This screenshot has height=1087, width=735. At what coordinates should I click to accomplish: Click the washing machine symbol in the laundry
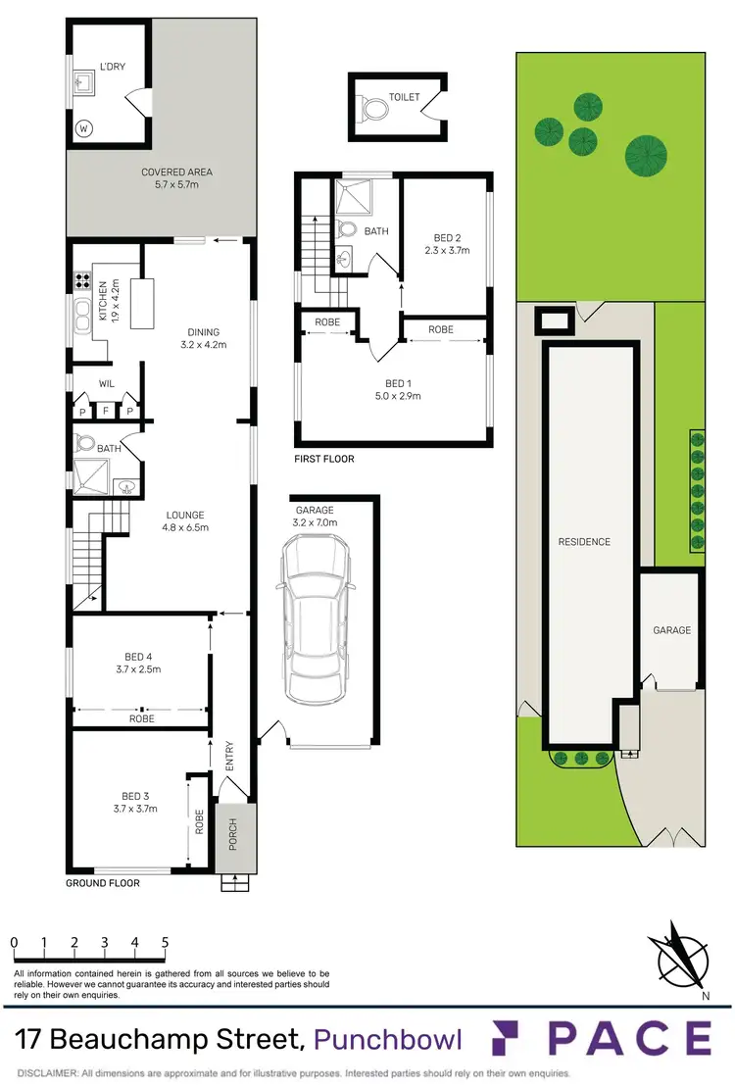point(83,127)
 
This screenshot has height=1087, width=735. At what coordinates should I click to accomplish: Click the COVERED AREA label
point(176,178)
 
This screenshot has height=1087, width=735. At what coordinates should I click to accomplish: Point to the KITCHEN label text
point(101,302)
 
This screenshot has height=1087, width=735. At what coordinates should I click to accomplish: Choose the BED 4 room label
point(137,664)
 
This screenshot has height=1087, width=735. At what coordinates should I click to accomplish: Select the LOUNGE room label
point(185,520)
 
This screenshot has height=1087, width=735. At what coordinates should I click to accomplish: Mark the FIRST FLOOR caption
point(324,459)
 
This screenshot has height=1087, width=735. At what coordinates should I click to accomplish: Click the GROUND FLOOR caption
point(103,883)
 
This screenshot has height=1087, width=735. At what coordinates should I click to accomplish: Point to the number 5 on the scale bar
point(165,943)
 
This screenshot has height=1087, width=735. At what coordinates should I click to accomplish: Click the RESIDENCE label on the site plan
point(584,542)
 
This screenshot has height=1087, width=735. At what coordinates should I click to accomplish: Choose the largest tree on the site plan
point(646,151)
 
